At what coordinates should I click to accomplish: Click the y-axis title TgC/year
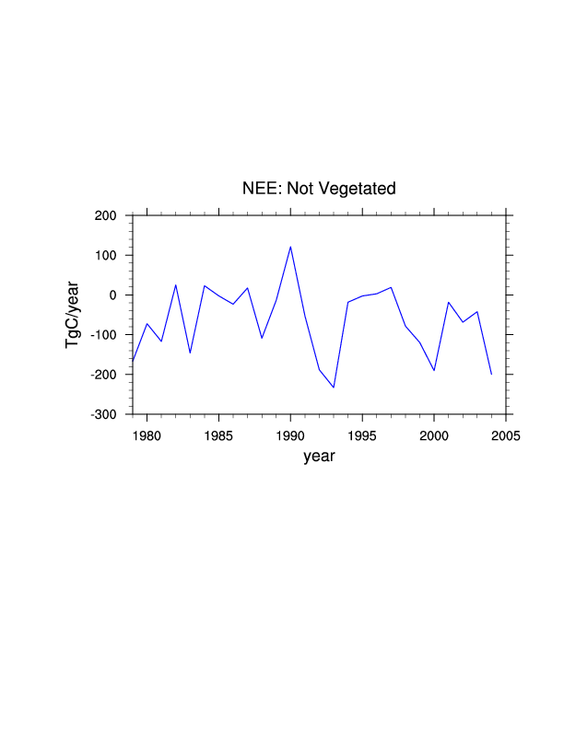72,315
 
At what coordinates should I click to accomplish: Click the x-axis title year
319,456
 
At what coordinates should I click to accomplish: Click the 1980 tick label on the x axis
147,434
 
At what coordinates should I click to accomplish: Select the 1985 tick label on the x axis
218,434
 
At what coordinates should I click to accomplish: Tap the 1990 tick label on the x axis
290,434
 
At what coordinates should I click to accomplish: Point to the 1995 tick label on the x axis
362,434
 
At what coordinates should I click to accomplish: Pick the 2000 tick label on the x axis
434,434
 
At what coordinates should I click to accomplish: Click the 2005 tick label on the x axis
506,434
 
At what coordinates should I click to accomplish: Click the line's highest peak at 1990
290,247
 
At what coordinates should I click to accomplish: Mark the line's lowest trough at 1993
334,388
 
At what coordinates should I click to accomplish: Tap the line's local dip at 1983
190,353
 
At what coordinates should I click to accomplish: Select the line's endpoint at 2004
491,375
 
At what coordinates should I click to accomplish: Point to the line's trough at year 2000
434,371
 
